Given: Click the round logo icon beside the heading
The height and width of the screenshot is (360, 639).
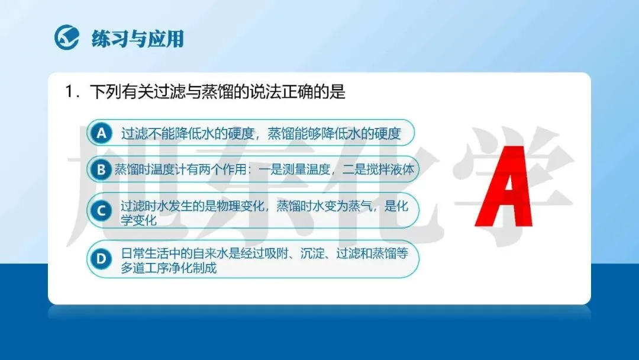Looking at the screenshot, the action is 67,37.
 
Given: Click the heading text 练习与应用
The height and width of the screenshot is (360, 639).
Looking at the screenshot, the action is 138,38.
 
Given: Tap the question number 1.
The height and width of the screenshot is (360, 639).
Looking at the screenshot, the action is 69,92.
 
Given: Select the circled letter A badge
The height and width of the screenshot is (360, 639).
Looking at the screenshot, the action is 102,133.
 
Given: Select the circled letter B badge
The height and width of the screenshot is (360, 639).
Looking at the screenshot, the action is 101,169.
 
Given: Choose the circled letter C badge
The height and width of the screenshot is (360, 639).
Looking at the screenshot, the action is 101,211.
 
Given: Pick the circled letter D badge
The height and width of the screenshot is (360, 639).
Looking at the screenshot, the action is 101,259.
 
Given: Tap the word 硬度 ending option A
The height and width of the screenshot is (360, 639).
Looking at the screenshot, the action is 388,133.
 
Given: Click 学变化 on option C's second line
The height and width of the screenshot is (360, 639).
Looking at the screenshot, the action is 138,220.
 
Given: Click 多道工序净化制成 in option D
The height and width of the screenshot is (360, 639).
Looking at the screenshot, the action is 168,268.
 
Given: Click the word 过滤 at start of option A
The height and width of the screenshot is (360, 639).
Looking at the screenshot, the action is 134,133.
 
